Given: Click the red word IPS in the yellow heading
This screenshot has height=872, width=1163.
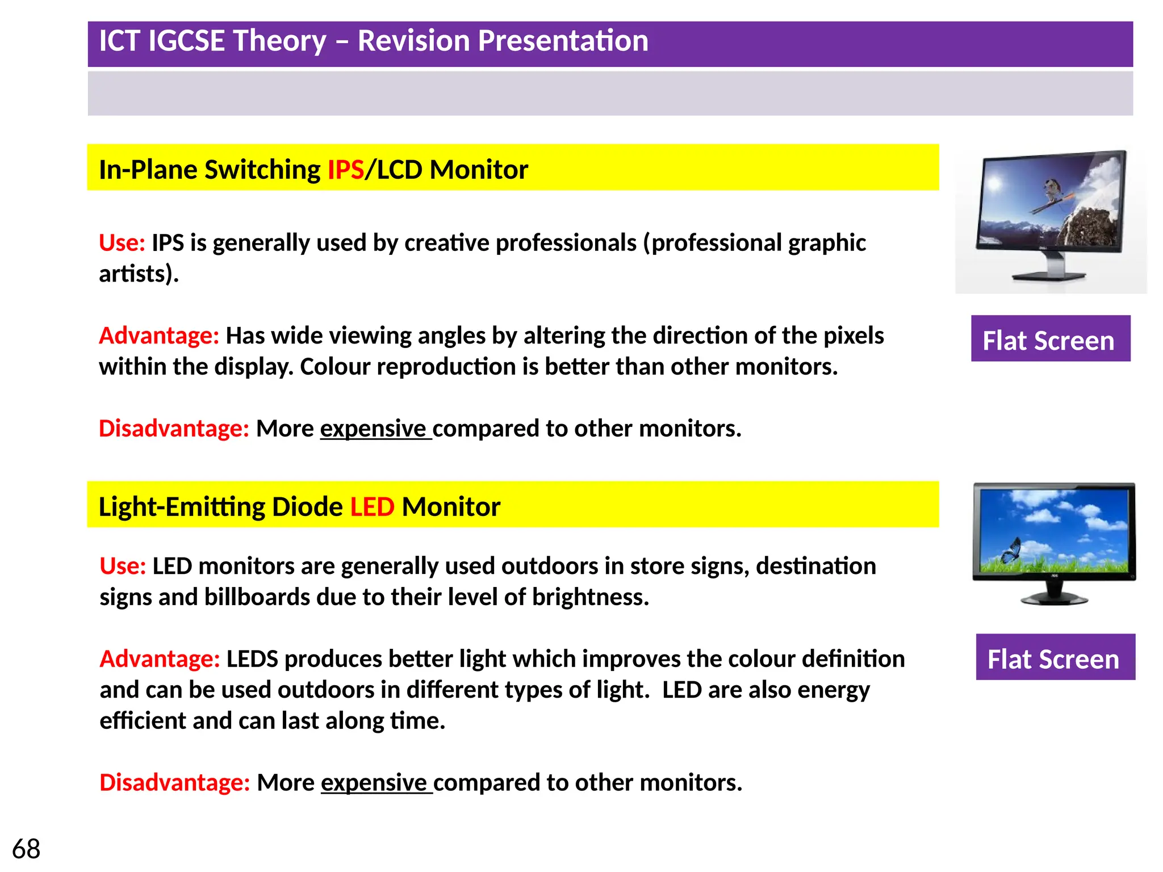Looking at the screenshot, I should pos(345,170).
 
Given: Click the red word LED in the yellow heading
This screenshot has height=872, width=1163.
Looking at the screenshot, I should pos(372,507).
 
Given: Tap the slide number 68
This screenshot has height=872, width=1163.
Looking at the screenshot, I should pos(26,849).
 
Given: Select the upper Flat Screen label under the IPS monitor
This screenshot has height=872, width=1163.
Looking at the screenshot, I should pos(1050,339).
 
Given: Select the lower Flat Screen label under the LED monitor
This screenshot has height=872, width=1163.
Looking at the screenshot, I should pos(1055,658).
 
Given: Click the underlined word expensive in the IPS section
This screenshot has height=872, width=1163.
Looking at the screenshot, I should pos(373,429).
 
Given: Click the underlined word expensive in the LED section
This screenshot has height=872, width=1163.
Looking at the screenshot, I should pos(374,783).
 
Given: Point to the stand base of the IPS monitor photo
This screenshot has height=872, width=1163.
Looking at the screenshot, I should pos(1049,276).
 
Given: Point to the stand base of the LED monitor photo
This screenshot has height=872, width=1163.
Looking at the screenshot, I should pos(1054,599).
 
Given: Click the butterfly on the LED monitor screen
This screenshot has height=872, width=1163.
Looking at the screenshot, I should pos(1011,549).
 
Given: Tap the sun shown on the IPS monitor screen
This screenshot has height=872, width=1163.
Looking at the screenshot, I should pos(994,183).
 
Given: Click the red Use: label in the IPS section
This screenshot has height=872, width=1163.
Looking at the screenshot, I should pos(122,243).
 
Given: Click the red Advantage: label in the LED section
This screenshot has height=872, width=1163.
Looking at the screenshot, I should pos(160,659).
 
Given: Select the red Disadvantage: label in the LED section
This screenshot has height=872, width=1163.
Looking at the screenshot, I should pos(174,783).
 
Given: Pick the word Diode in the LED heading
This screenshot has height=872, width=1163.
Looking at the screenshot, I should pos(307,507).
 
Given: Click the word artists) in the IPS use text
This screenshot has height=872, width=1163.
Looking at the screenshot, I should pos(139,274).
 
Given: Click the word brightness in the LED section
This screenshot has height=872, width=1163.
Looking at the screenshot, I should pos(589,597).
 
